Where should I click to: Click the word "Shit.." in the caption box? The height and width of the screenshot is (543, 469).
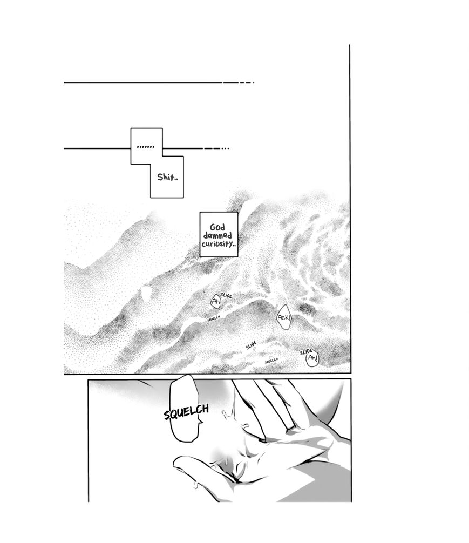(168, 177)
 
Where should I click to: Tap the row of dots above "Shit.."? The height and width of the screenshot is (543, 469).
(146, 147)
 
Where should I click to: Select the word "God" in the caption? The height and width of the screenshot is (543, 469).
(217, 228)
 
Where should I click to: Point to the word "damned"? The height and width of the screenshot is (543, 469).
(217, 236)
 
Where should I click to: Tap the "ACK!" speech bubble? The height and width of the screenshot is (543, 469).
(284, 317)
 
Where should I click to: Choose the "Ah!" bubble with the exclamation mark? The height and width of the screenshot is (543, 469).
(312, 359)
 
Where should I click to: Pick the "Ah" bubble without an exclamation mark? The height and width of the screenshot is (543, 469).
(216, 302)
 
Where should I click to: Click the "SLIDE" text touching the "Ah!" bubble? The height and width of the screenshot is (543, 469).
(306, 352)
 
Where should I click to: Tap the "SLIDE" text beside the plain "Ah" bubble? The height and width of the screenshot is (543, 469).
(226, 296)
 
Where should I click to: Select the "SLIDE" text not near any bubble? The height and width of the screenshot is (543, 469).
(252, 345)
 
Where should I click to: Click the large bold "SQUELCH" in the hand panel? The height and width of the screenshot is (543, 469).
(187, 412)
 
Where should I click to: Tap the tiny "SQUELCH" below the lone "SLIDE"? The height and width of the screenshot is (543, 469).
(271, 361)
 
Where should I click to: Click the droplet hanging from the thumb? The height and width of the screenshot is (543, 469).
(196, 485)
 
